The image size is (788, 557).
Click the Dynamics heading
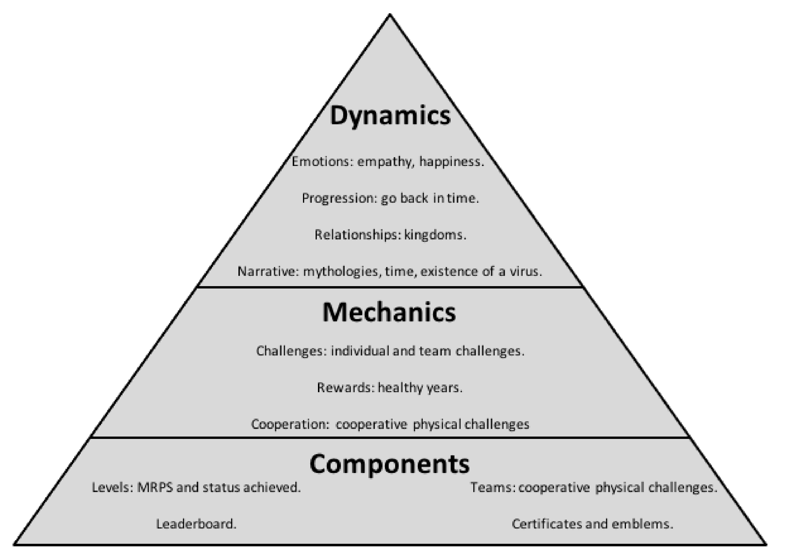pyautogui.click(x=390, y=116)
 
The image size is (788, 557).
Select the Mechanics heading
pyautogui.click(x=389, y=313)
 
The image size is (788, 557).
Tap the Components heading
pyautogui.click(x=389, y=464)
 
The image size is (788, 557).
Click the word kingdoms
pyautogui.click(x=435, y=235)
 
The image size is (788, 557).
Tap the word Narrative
pyautogui.click(x=266, y=272)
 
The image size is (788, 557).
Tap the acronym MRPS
pyautogui.click(x=155, y=487)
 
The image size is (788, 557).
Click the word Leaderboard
pyautogui.click(x=196, y=524)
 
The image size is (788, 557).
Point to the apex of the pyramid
pyautogui.click(x=390, y=14)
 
